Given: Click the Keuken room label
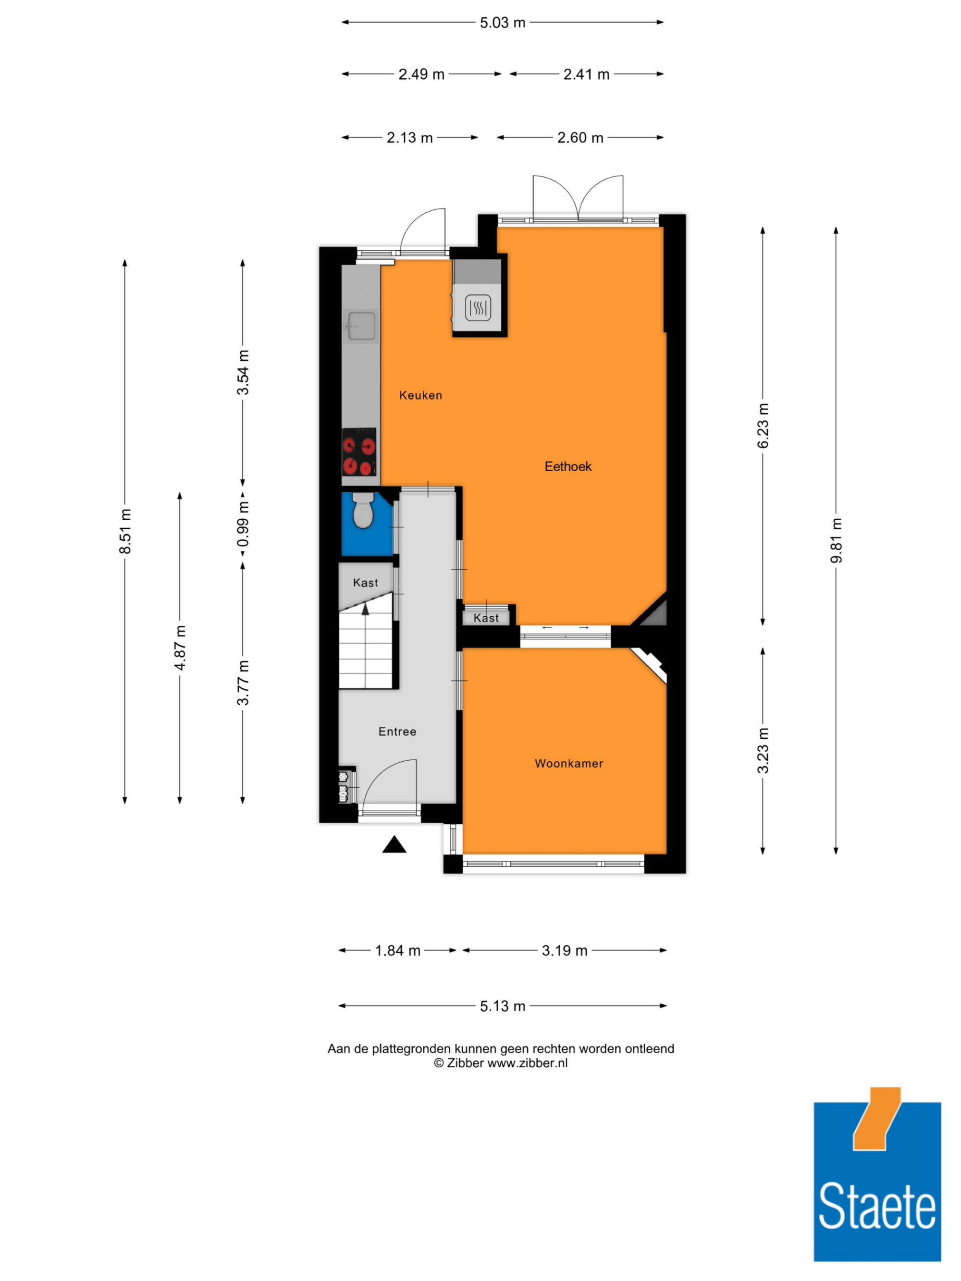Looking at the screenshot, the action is tap(420, 395).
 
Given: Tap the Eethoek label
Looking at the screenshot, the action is tap(567, 467).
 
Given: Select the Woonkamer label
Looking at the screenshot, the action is tap(569, 764).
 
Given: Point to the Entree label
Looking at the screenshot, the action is tap(397, 732).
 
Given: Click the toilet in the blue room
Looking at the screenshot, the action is tap(363, 510).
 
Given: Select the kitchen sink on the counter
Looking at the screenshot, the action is tap(359, 326).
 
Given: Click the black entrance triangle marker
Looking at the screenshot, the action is tap(394, 844).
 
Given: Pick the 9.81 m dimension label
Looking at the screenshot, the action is tap(836, 540).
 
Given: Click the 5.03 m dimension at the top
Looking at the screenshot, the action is tap(502, 23).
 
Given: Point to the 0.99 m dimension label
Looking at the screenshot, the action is tap(243, 524).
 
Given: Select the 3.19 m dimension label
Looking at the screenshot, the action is tap(565, 951).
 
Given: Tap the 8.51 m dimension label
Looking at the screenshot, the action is tap(125, 531).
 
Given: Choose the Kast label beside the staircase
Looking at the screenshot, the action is tap(366, 583).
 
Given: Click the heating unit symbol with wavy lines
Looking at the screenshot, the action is tap(478, 308).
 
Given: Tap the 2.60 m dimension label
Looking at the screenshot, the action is tap(580, 138).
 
